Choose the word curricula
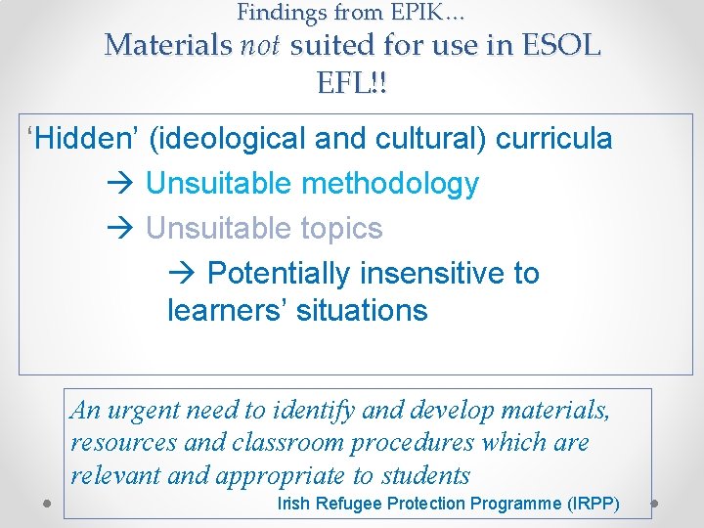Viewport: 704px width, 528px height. [554, 139]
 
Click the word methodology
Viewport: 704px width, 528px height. [391, 184]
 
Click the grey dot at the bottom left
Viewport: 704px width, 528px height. [47, 505]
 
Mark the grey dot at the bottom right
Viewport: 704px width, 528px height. [656, 505]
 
